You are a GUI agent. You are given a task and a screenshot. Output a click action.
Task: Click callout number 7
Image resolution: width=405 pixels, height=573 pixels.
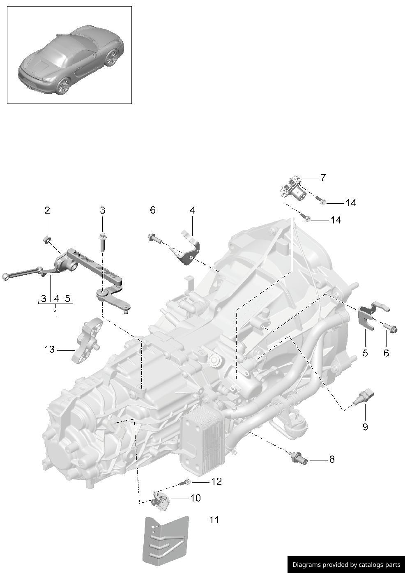323,178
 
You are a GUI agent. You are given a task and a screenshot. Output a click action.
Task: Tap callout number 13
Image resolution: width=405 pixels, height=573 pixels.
49,350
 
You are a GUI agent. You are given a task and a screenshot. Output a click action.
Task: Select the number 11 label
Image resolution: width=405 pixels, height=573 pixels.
214,520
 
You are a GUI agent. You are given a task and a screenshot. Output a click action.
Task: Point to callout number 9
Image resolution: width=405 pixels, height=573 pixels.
365,427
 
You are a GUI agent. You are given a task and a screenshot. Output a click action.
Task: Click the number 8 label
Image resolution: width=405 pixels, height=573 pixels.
331,459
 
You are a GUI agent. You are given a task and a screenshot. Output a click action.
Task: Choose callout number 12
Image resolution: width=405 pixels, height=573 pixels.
216,481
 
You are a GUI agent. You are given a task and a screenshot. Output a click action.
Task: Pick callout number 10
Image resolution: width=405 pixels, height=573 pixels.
196,498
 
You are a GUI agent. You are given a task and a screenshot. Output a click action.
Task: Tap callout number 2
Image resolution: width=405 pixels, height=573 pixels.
47,210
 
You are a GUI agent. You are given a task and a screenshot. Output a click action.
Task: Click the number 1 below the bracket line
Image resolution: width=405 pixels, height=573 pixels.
55,313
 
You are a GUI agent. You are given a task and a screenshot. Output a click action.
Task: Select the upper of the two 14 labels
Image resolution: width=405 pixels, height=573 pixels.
351,203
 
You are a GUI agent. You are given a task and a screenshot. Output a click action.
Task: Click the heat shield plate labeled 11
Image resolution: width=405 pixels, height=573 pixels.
166,540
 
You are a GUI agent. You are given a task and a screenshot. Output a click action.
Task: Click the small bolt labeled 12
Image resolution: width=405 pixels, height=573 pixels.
186,482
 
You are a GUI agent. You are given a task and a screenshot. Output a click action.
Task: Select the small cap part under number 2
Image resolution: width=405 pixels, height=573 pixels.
47,239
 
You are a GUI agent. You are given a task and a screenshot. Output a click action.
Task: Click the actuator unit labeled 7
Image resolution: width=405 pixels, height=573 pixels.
293,190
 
